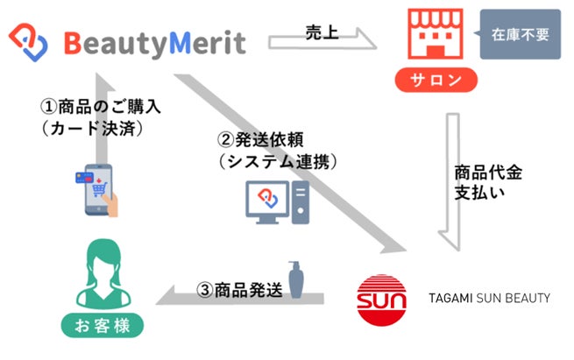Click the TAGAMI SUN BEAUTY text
click(x=487, y=299)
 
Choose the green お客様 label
click(x=102, y=327)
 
